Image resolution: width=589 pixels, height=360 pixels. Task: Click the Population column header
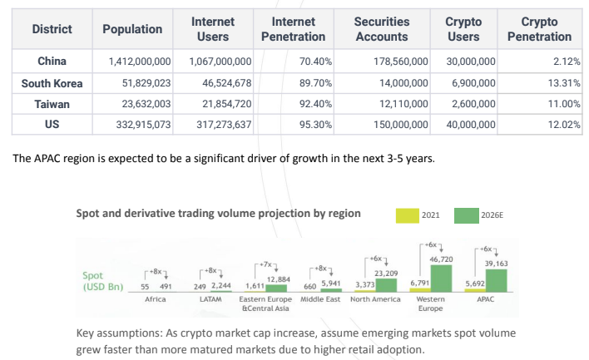click(x=132, y=29)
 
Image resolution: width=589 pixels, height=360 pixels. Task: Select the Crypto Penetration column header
click(x=546, y=29)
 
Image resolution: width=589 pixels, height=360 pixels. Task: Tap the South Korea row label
click(x=52, y=84)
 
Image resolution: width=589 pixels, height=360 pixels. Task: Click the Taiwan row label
click(x=52, y=106)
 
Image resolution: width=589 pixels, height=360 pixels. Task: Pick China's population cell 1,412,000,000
click(x=139, y=62)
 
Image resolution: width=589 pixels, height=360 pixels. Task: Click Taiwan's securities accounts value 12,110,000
click(x=398, y=106)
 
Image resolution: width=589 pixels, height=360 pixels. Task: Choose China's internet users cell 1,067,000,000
click(x=220, y=62)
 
